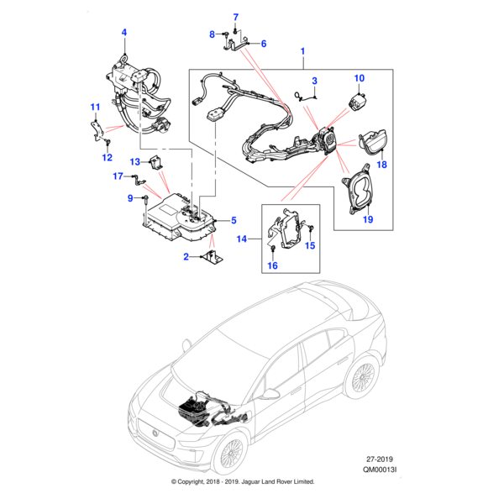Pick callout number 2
coord(186,258)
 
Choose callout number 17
coord(118,176)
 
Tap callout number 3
coord(314,81)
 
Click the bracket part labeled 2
coord(210,259)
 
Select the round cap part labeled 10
coord(358,99)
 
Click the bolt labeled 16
coord(273,249)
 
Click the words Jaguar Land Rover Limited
coord(270,482)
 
